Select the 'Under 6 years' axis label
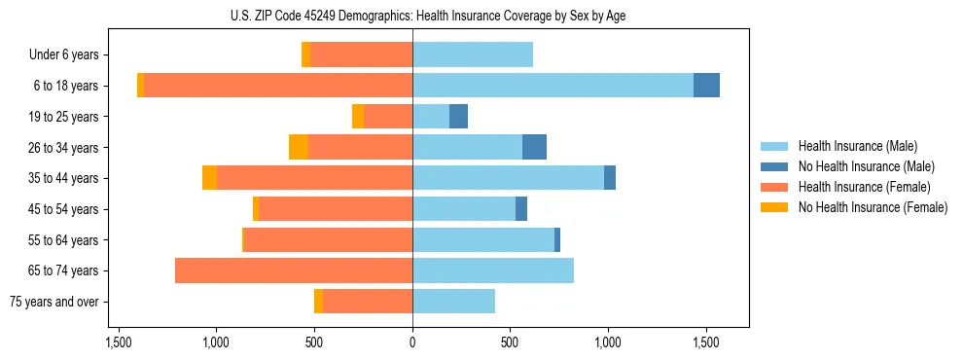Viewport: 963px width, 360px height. (x=70, y=55)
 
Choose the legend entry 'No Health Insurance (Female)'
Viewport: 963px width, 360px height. (x=873, y=207)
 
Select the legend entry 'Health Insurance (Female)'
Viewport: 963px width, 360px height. (x=864, y=187)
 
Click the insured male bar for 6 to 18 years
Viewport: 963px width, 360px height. (x=553, y=86)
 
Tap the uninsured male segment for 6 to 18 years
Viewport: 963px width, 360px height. (x=706, y=86)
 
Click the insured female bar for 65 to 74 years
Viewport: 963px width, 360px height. (x=294, y=270)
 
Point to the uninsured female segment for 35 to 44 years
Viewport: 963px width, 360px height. (x=209, y=178)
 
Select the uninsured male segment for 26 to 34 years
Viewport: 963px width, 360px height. (x=534, y=147)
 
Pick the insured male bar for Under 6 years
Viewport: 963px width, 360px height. (x=473, y=54)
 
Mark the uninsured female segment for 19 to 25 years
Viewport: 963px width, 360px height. (x=358, y=117)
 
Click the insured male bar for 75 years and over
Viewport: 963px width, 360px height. (x=453, y=302)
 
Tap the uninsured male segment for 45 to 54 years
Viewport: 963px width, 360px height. (x=521, y=209)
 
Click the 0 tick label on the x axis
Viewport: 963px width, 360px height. (x=412, y=342)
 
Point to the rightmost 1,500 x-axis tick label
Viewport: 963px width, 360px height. (x=705, y=342)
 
